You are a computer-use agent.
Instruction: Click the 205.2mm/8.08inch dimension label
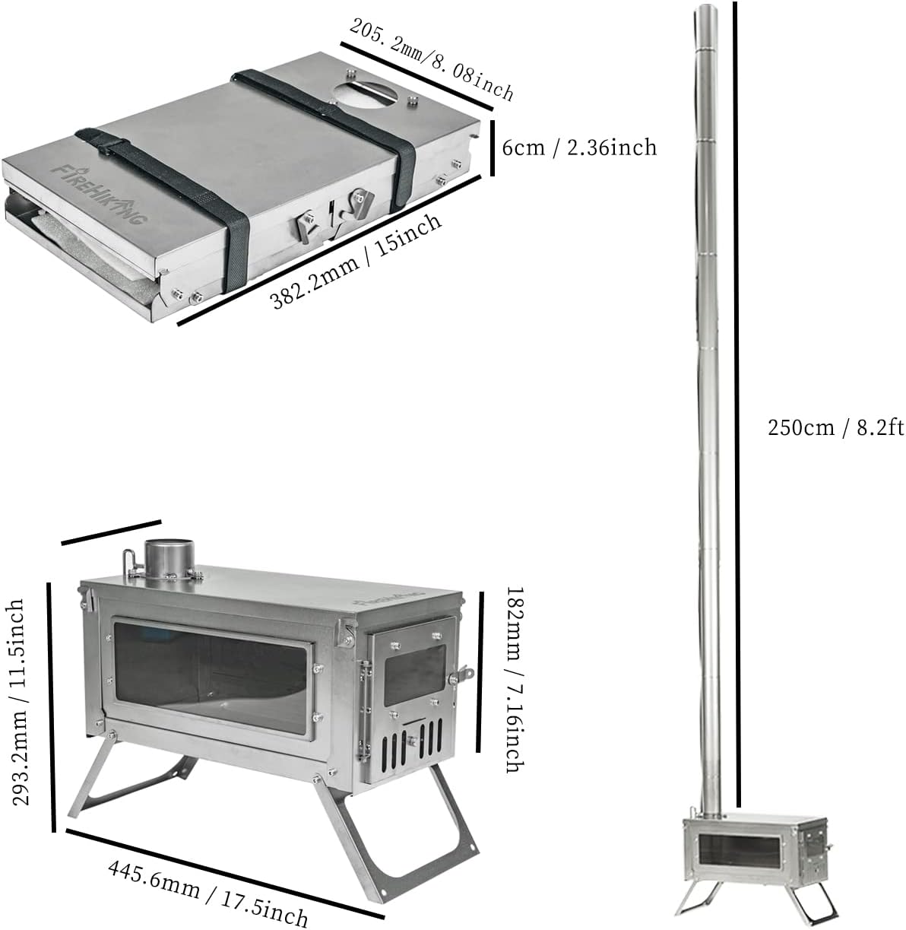[432, 59]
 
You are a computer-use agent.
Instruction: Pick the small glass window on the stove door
[414, 674]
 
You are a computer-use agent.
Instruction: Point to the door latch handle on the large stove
[461, 674]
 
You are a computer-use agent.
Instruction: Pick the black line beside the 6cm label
[492, 147]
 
